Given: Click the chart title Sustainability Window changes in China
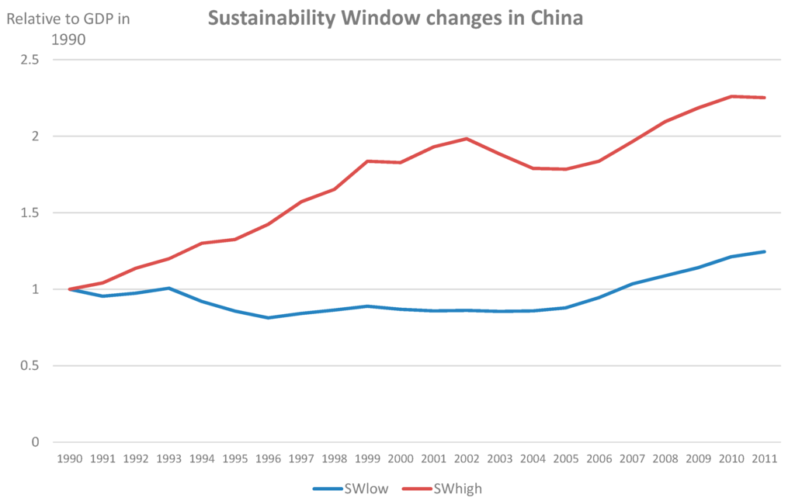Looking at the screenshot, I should click(x=394, y=18).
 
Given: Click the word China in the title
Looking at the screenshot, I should click(x=552, y=18).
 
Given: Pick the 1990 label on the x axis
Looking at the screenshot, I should click(x=70, y=459).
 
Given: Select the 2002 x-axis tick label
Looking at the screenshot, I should click(x=467, y=459).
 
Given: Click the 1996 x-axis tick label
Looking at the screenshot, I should click(x=268, y=459).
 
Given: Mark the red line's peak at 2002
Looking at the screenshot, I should click(x=467, y=139).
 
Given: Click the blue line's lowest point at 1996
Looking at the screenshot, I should click(x=268, y=318).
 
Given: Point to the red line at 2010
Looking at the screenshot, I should click(x=731, y=96).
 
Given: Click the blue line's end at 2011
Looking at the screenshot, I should click(x=764, y=251).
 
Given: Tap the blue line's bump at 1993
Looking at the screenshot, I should click(x=169, y=288).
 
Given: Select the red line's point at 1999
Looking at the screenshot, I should click(x=367, y=161).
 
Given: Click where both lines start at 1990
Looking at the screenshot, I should click(x=70, y=289).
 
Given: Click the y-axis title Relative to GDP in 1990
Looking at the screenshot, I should click(x=68, y=29).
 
